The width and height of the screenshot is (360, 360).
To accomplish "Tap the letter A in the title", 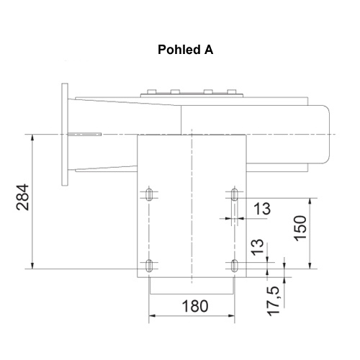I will [209, 52].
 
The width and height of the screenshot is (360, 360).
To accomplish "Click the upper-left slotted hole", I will [148, 195].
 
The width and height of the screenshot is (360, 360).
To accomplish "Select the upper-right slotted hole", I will [235, 195].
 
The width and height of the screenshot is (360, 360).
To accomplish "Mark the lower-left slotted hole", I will [148, 265].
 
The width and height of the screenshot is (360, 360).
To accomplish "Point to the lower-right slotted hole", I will [235, 265].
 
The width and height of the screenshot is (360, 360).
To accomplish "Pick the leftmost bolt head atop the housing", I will [150, 91].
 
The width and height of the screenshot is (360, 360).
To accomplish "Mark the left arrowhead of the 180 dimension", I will [151, 315].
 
